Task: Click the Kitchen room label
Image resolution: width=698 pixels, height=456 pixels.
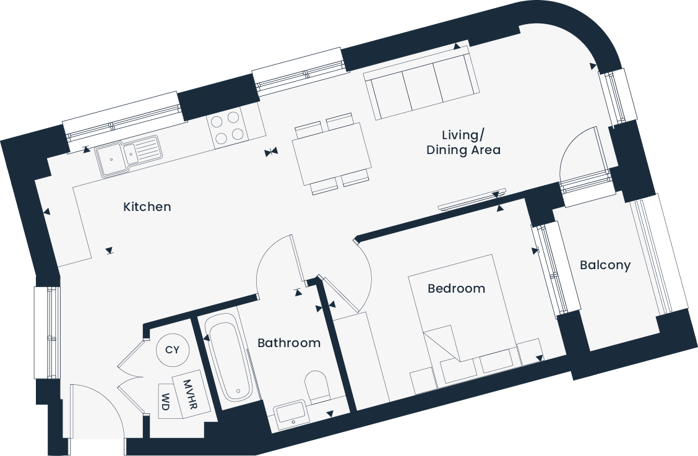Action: [x=147, y=207]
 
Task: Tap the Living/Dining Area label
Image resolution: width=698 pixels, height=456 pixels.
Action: [x=463, y=142]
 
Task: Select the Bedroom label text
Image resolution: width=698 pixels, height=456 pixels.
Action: [x=456, y=288]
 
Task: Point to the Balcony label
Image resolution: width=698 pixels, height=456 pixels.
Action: [x=605, y=265]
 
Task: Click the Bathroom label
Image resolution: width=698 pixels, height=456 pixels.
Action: [x=289, y=343]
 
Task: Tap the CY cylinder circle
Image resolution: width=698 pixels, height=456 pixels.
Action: [x=172, y=350]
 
